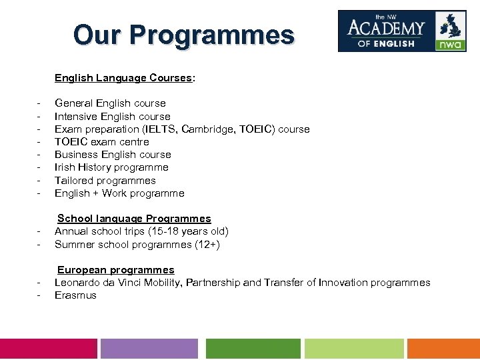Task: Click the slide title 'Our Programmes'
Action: (x=183, y=34)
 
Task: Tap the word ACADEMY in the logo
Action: (x=386, y=28)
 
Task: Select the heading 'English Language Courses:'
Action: (x=125, y=78)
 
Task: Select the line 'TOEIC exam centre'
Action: (x=102, y=141)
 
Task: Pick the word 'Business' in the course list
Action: (x=76, y=155)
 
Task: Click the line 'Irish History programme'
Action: (x=111, y=167)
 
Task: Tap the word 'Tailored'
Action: (x=74, y=180)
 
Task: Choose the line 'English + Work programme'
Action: (x=119, y=193)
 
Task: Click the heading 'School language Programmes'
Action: (x=134, y=219)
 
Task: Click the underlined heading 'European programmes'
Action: (x=115, y=270)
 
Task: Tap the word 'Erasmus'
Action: (x=75, y=295)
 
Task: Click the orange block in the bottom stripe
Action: (x=443, y=349)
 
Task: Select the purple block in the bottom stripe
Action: (x=149, y=349)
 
